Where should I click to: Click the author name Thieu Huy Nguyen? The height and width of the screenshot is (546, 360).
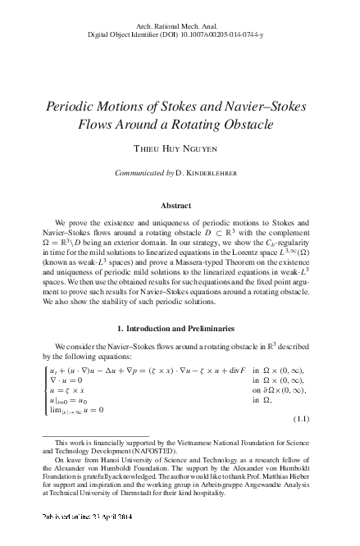click(x=180, y=152)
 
